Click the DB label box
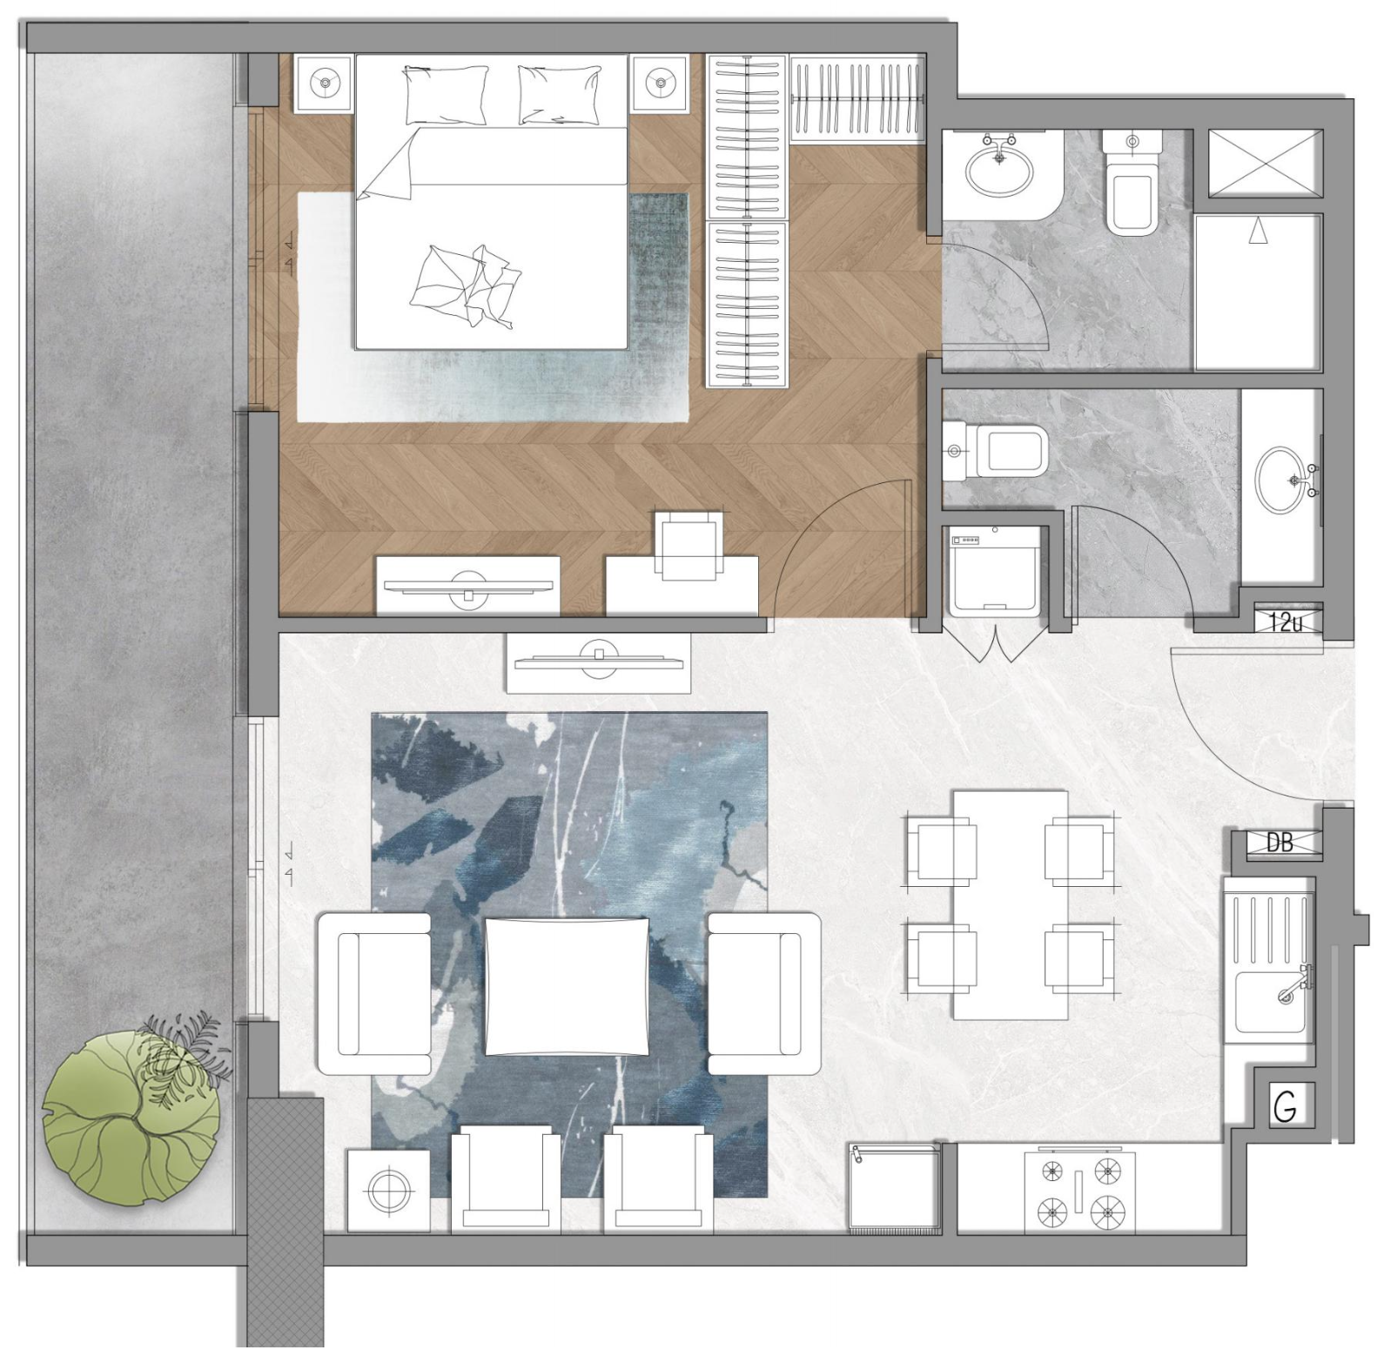[x=1279, y=842]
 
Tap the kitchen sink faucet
[x=1292, y=984]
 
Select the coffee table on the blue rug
[x=567, y=986]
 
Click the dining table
[x=1011, y=904]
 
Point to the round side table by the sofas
[x=388, y=1190]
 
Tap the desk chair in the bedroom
[x=689, y=545]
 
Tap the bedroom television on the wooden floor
[x=468, y=587]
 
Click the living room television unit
[x=599, y=662]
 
